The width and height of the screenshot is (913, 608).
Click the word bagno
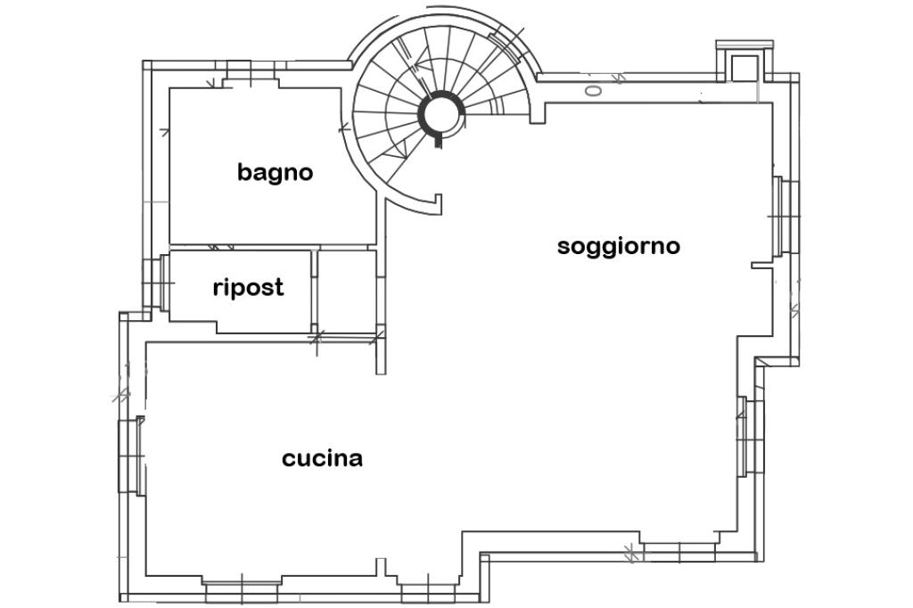(x=275, y=172)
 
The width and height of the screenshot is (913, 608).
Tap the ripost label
(x=248, y=287)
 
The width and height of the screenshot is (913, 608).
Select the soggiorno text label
(x=618, y=245)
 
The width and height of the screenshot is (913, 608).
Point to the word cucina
(x=322, y=458)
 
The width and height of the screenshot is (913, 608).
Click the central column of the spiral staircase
(x=440, y=114)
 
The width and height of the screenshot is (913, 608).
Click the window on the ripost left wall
(x=158, y=283)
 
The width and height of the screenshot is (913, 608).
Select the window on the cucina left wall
(x=131, y=455)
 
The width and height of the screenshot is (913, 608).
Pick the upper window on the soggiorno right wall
(x=785, y=216)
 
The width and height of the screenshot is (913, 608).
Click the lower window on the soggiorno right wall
(x=747, y=437)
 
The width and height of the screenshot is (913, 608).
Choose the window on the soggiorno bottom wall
(x=679, y=546)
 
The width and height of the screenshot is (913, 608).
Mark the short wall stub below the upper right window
(x=762, y=264)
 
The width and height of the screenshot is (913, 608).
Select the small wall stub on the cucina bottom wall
(x=380, y=567)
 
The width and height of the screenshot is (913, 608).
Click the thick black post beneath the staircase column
(x=438, y=139)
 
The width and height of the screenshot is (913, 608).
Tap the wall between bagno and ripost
(x=271, y=246)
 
